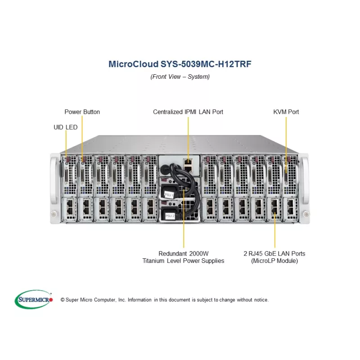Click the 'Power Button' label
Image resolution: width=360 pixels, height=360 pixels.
pyautogui.click(x=82, y=112)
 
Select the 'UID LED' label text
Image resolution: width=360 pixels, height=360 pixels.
pyautogui.click(x=65, y=127)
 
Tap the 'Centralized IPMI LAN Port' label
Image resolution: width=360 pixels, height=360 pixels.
pyautogui.click(x=188, y=112)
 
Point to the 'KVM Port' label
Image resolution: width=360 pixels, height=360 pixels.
pyautogui.click(x=286, y=112)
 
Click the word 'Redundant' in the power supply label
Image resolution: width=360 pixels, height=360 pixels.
pyautogui.click(x=174, y=253)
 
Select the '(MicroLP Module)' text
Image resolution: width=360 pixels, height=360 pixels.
pyautogui.click(x=274, y=261)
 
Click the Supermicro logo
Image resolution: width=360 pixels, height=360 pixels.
pyautogui.click(x=34, y=299)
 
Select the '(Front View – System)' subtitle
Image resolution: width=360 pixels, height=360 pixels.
pyautogui.click(x=180, y=76)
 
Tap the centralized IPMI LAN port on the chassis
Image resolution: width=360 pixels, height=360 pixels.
pyautogui.click(x=188, y=162)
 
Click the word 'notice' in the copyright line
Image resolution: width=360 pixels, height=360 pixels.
pyautogui.click(x=260, y=300)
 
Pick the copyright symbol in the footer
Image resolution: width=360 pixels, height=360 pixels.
pyautogui.click(x=63, y=300)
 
